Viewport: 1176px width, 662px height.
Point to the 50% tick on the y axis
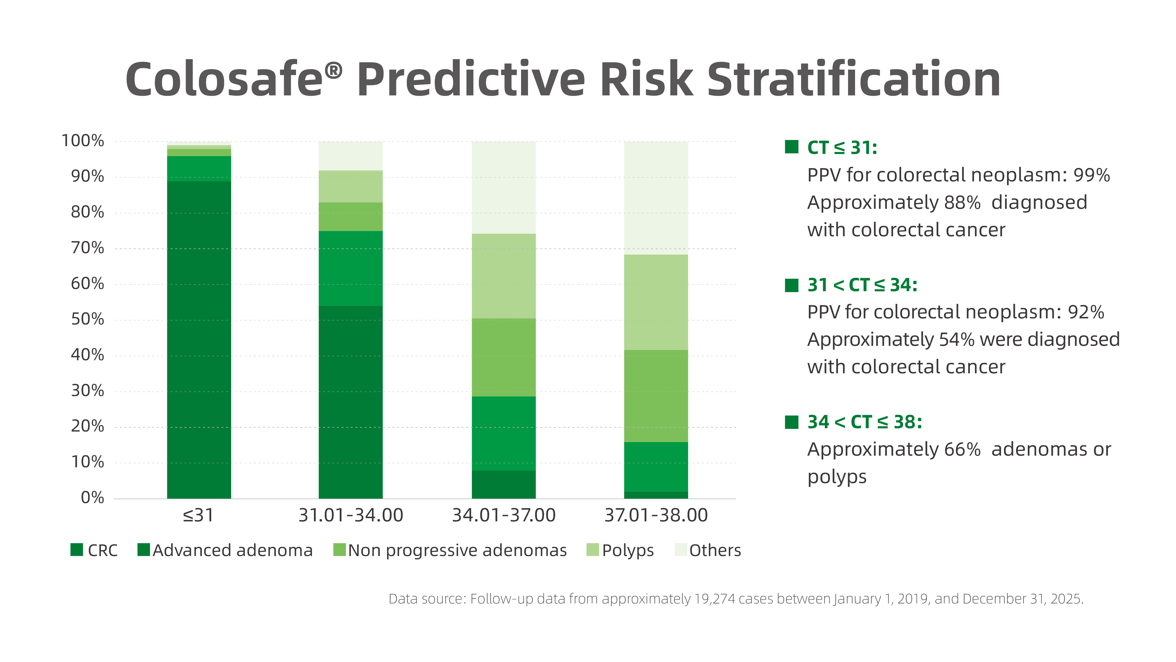coord(87,319)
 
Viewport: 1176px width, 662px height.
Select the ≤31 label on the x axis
coord(198,515)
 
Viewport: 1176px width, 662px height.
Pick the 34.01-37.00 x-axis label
coord(504,515)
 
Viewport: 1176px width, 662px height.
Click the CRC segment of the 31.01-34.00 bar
coord(350,402)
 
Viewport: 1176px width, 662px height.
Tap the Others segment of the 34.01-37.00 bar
coord(504,187)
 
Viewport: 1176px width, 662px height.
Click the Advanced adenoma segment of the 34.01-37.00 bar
coord(504,433)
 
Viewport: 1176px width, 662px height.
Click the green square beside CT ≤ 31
coord(791,147)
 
